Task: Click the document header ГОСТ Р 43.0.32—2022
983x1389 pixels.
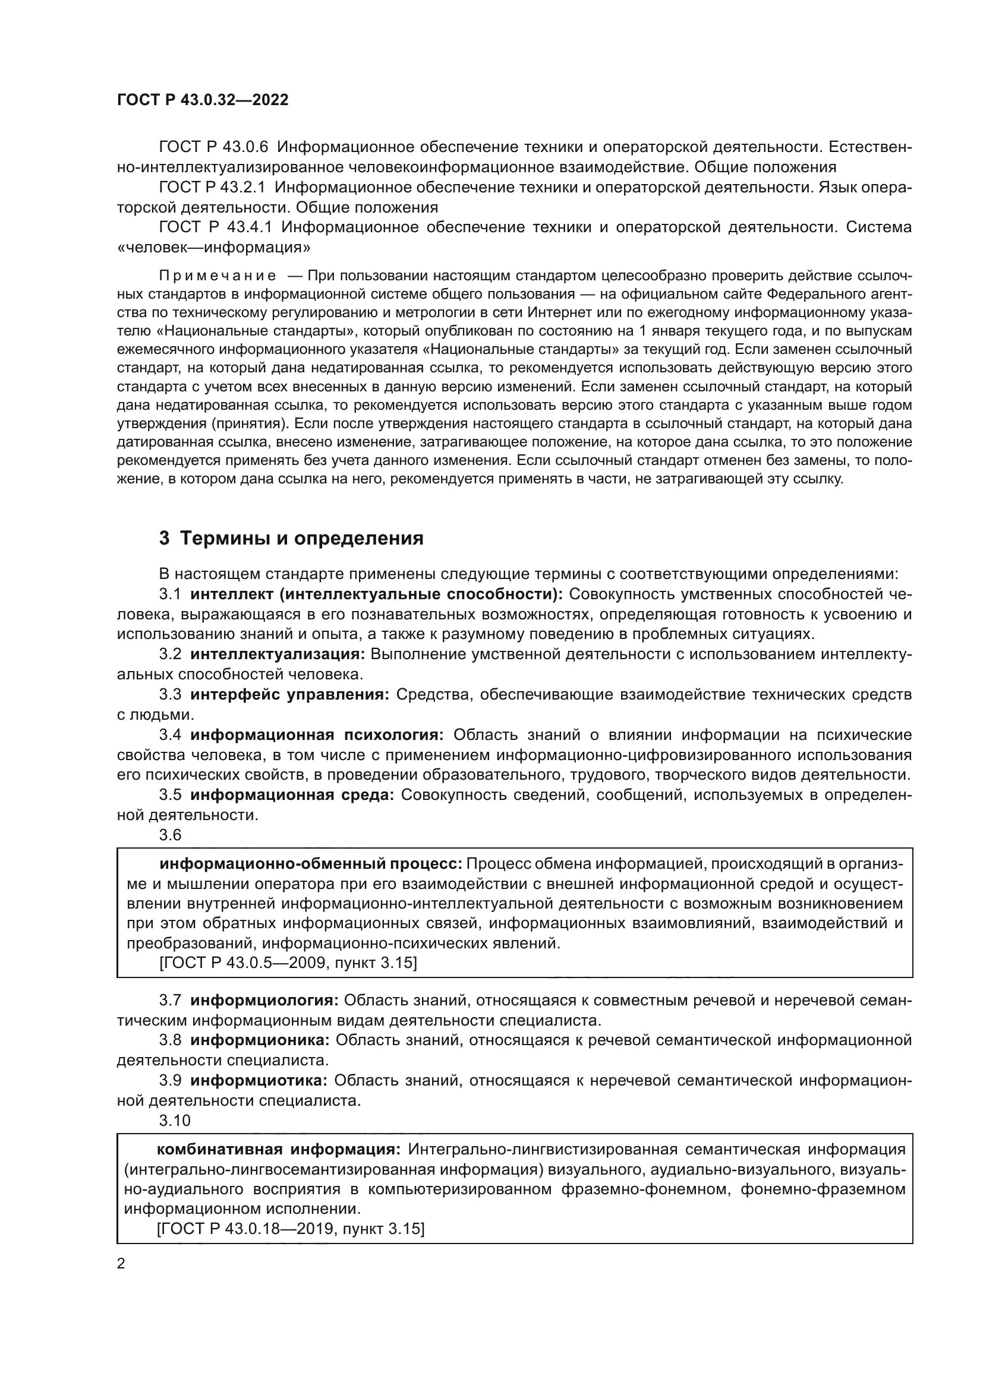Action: point(202,100)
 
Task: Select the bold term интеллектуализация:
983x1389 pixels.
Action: point(277,654)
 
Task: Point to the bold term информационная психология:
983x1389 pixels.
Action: point(317,735)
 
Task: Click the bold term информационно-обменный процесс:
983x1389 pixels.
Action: point(310,863)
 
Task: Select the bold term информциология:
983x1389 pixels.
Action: point(264,1000)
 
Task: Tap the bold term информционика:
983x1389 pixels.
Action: point(260,1040)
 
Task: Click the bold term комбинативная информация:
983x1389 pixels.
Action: point(278,1149)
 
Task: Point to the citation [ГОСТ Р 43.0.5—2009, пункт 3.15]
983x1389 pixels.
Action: point(288,963)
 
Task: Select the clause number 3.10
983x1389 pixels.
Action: point(174,1121)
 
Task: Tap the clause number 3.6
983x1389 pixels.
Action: point(170,835)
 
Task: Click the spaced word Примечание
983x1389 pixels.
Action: point(218,276)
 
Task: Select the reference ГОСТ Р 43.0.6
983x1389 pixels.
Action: point(213,147)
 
